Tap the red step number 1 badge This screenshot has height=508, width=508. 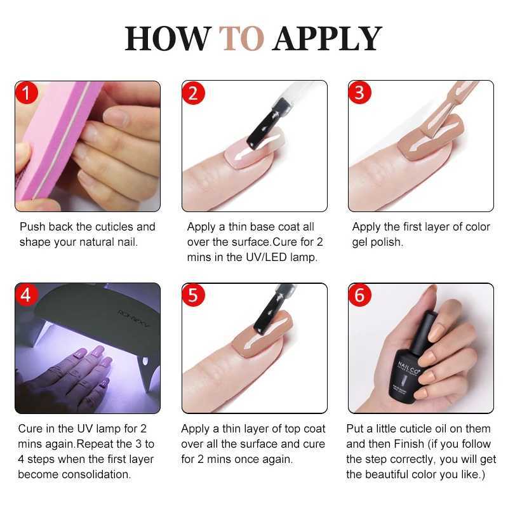click(x=27, y=93)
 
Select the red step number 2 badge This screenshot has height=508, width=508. click(x=194, y=93)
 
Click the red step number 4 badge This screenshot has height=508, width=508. click(x=27, y=296)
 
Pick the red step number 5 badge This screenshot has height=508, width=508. click(x=194, y=296)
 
